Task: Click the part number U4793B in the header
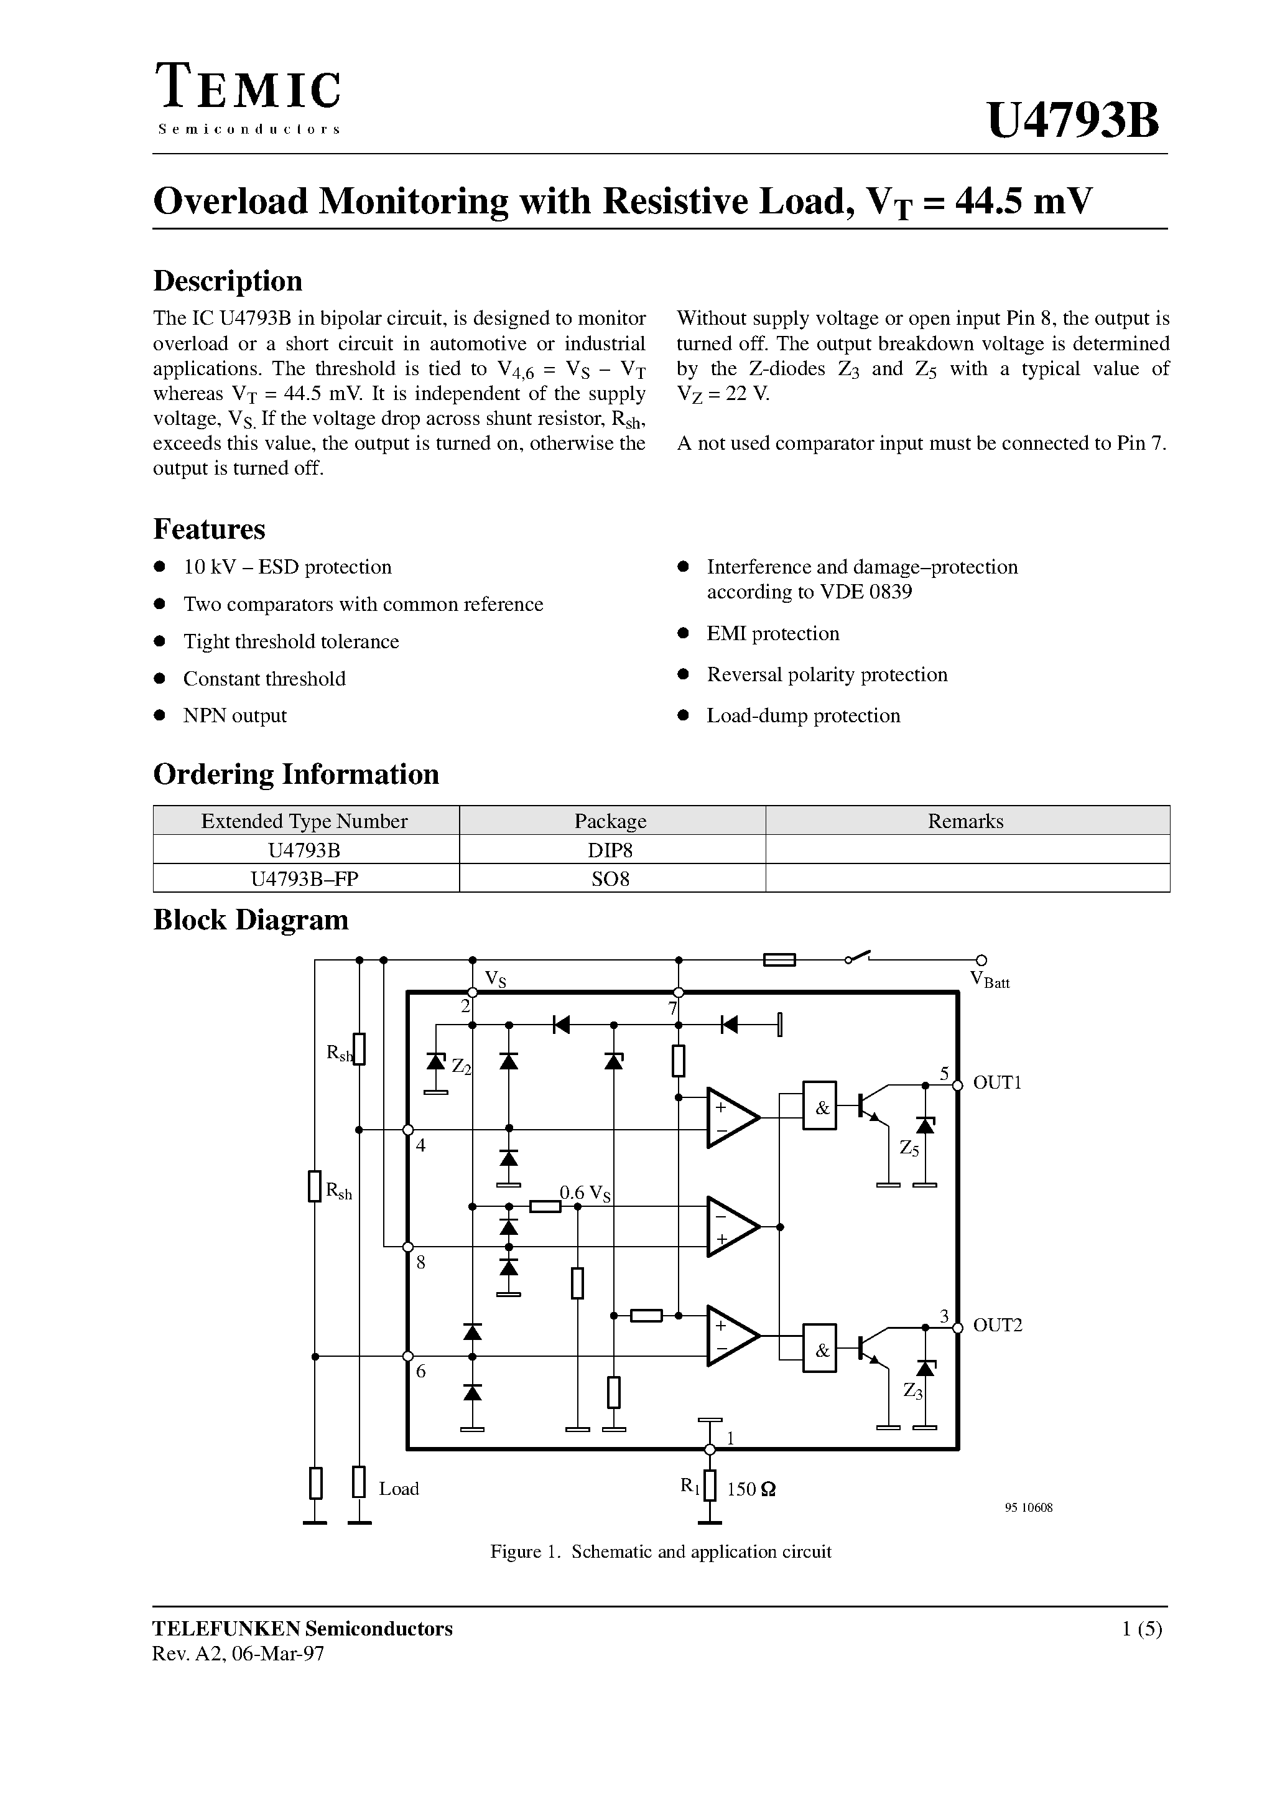click(1073, 121)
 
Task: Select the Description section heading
click(228, 281)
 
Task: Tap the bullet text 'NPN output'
click(234, 715)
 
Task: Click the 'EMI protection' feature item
click(772, 633)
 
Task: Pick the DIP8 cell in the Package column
click(610, 850)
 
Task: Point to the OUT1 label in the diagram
click(996, 1082)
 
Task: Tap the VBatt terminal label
click(990, 981)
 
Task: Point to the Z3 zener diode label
click(912, 1390)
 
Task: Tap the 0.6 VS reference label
click(585, 1193)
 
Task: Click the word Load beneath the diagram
click(399, 1489)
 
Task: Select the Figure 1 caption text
click(661, 1551)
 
